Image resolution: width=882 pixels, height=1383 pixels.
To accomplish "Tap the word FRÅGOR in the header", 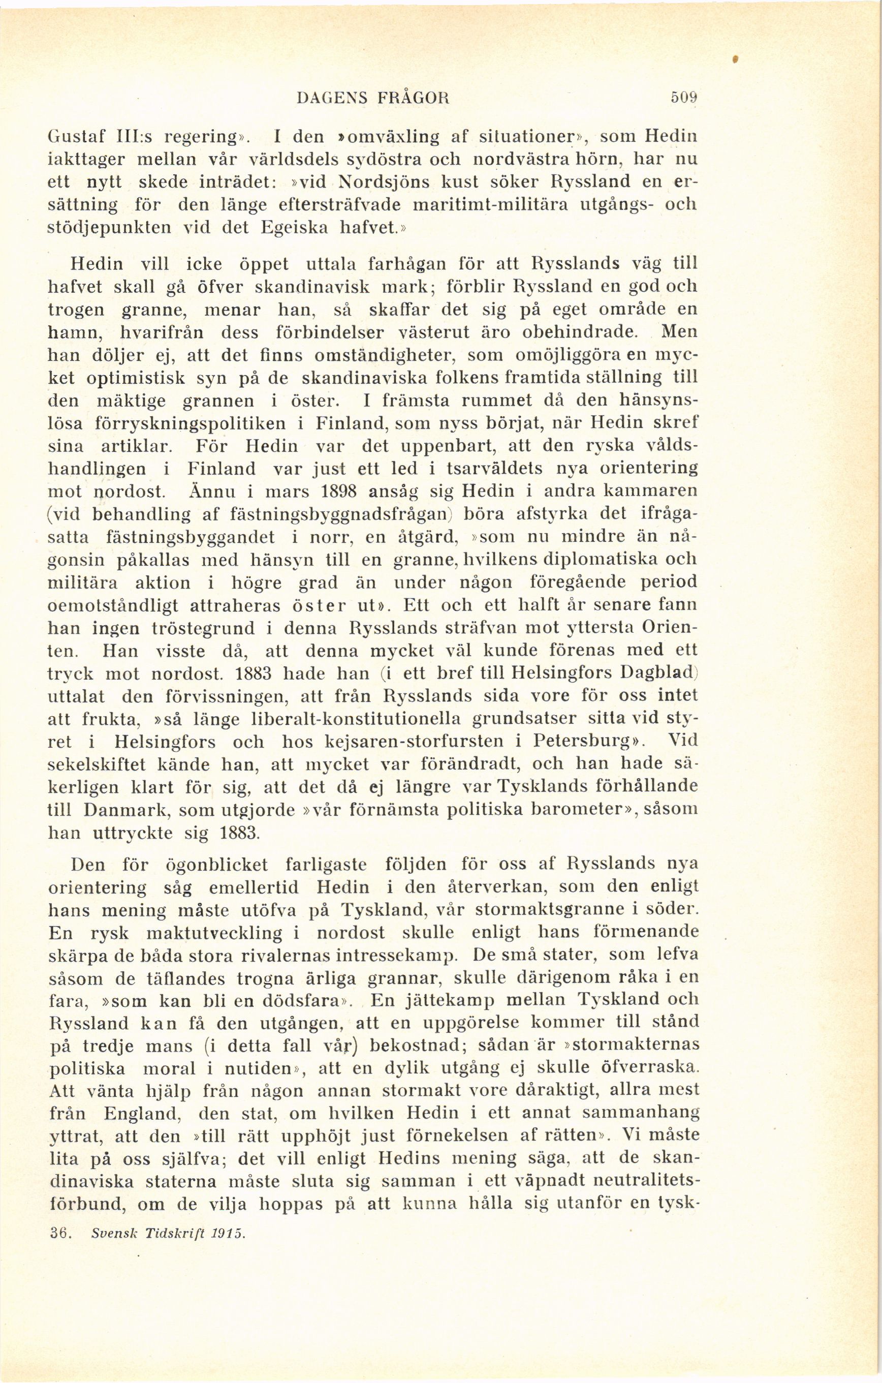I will (413, 98).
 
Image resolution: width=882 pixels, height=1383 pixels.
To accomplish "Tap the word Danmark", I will (125, 810).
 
